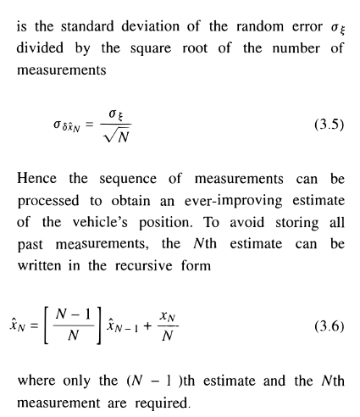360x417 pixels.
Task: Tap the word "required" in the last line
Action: click(174, 402)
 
